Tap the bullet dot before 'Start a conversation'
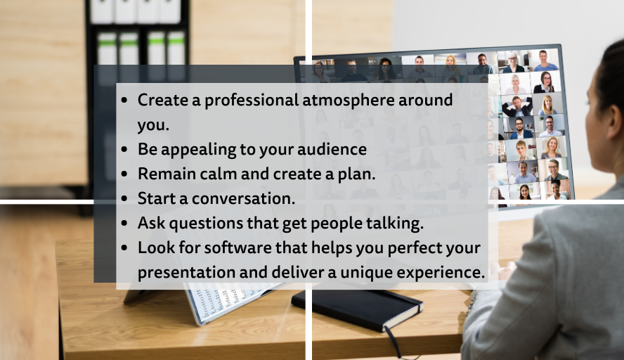124,199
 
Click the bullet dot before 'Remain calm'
124,174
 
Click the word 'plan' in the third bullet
359,174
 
